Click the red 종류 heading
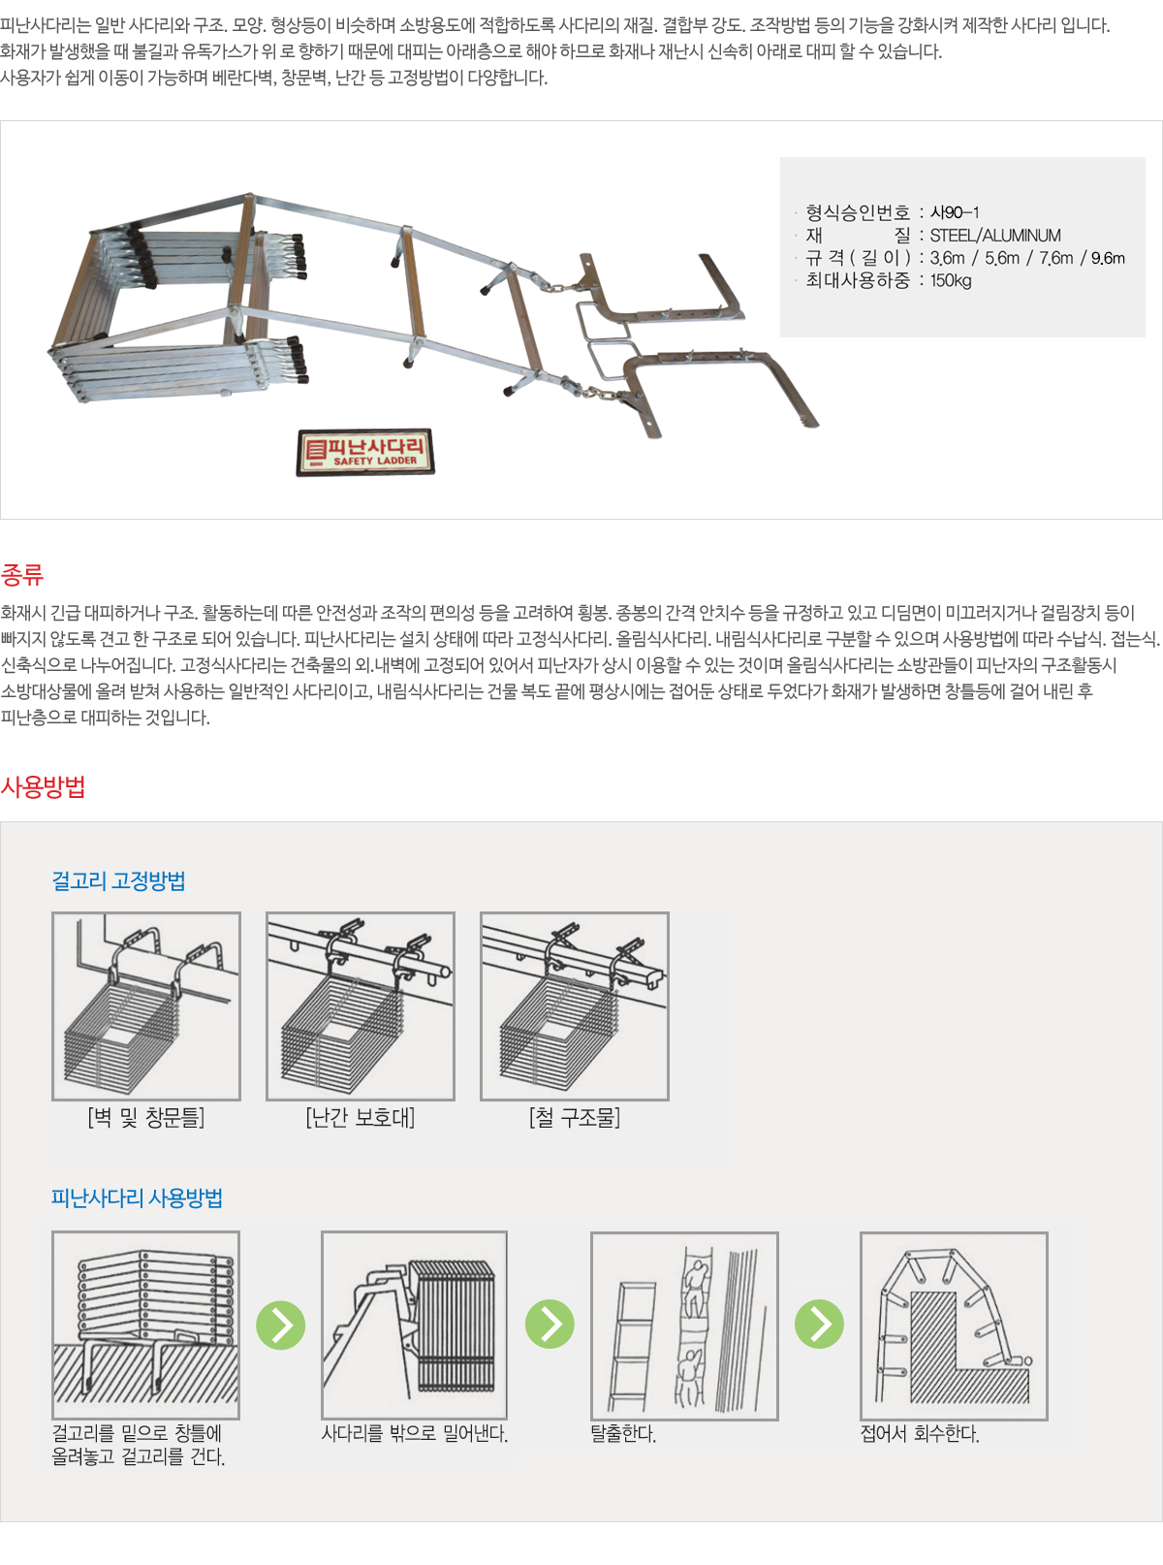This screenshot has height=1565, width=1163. (x=22, y=575)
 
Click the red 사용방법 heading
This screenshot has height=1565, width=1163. (x=43, y=786)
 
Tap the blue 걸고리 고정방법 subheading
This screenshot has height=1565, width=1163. (x=118, y=880)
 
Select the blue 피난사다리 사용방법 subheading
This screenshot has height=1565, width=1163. (x=137, y=1198)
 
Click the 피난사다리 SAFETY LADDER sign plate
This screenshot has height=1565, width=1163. (x=365, y=452)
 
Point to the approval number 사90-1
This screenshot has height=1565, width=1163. (x=955, y=212)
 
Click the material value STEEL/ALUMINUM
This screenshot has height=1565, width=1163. (x=995, y=236)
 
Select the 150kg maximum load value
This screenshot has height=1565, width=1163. (x=951, y=281)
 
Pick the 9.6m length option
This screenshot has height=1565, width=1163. (x=1108, y=258)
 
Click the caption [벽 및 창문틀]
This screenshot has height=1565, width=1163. (x=146, y=1118)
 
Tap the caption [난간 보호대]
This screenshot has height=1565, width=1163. (x=361, y=1118)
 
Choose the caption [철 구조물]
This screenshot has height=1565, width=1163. (x=575, y=1118)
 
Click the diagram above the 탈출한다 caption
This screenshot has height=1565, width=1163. (x=684, y=1325)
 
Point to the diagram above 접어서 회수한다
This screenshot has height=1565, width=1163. (x=954, y=1325)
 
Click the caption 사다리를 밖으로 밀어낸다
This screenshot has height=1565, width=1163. (x=415, y=1434)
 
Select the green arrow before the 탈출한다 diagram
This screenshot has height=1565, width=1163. (x=550, y=1325)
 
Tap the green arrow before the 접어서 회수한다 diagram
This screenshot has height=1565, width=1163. (x=820, y=1325)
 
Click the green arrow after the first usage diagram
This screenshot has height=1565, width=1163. (x=281, y=1325)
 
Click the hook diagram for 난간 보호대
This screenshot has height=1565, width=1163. (x=361, y=1006)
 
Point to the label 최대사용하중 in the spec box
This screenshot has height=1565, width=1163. (x=859, y=281)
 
